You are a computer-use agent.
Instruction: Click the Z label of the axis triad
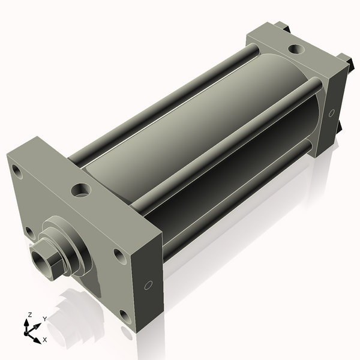coord(29,315)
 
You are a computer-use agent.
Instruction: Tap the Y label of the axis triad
coord(45,319)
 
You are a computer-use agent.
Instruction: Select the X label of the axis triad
coord(45,340)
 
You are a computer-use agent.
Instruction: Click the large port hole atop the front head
coord(81,190)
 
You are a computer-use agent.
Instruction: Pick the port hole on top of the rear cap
coord(296,49)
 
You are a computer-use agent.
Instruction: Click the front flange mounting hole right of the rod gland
coord(120,256)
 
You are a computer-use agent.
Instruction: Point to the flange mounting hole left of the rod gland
coord(29,233)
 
